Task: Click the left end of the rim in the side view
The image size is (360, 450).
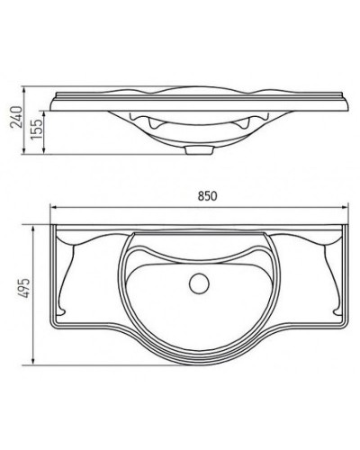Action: point(53,100)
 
